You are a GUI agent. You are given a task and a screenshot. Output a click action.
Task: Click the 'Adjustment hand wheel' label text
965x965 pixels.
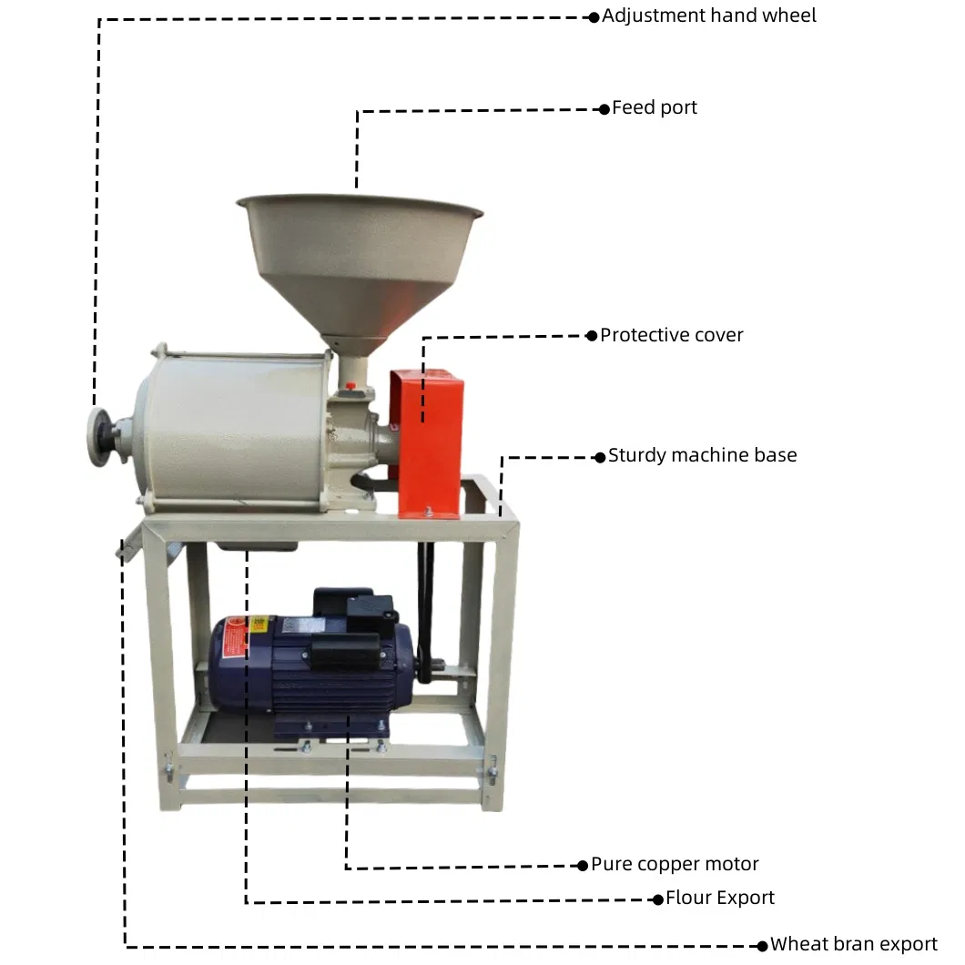[x=709, y=16]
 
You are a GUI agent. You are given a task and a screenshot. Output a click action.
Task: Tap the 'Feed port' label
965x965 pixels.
[x=655, y=108]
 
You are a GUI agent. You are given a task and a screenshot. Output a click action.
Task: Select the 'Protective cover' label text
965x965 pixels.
[x=672, y=335]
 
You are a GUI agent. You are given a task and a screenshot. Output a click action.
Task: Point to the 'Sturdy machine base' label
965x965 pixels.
[x=702, y=455]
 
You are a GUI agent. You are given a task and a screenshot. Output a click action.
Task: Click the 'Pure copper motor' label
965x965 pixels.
[x=675, y=864]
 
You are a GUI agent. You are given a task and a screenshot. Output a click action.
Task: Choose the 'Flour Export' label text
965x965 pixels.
[x=719, y=898]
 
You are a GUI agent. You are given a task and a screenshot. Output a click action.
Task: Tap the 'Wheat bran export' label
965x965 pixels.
[x=854, y=944]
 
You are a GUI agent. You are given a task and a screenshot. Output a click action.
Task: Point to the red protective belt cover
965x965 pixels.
[x=426, y=443]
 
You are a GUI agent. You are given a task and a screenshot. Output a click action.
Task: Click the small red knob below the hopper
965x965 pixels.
[x=350, y=387]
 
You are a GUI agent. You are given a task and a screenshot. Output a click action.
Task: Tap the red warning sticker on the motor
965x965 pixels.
[x=235, y=638]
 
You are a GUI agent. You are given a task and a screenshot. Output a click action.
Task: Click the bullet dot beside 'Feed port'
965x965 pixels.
[x=604, y=109]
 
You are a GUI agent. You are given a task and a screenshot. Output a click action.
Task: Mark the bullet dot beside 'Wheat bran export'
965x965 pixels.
[x=763, y=946]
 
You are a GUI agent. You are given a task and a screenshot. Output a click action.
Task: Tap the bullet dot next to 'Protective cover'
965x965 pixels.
[x=592, y=336]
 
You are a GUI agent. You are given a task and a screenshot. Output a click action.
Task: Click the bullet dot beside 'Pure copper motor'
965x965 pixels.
[x=583, y=866]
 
